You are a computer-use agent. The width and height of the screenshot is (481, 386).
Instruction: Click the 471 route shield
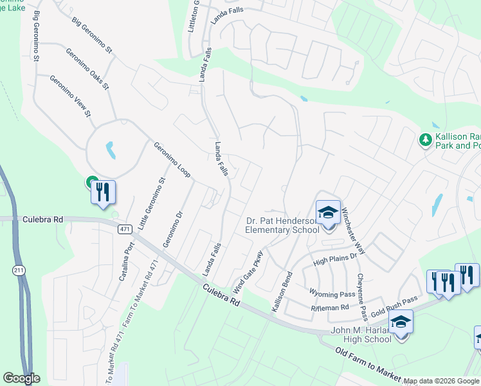(x=125, y=229)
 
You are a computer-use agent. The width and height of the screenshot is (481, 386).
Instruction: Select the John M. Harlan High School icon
(x=400, y=322)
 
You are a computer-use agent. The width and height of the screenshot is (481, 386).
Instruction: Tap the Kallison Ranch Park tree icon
(x=424, y=140)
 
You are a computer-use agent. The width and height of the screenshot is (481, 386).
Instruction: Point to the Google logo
(x=21, y=378)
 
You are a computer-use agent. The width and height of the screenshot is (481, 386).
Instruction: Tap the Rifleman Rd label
(x=329, y=308)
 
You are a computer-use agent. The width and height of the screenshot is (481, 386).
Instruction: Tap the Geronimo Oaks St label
(x=87, y=68)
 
